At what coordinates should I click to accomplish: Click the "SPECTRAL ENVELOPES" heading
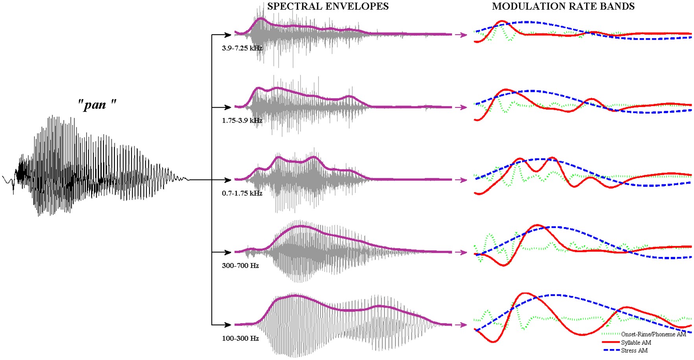tap(328, 6)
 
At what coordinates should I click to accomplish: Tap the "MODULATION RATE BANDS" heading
tap(563, 6)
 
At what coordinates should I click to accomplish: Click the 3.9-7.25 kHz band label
tap(242, 48)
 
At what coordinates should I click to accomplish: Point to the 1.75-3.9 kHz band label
tap(242, 120)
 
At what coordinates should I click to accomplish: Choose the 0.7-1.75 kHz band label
tap(242, 193)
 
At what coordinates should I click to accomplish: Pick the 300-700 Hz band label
tap(240, 266)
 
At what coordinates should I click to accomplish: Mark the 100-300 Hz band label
tap(240, 338)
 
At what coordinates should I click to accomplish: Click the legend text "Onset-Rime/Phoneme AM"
tap(654, 334)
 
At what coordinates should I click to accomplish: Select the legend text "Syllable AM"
tap(636, 342)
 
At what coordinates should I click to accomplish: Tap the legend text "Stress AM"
tap(634, 351)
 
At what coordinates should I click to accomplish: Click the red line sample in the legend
tap(611, 342)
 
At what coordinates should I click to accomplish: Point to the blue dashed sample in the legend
tap(611, 350)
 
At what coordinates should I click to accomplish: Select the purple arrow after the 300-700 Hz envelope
tap(461, 252)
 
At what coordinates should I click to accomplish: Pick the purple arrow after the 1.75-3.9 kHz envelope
tap(461, 107)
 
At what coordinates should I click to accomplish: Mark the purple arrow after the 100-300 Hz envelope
tap(461, 325)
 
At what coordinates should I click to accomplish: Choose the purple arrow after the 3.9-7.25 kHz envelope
tap(461, 35)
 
